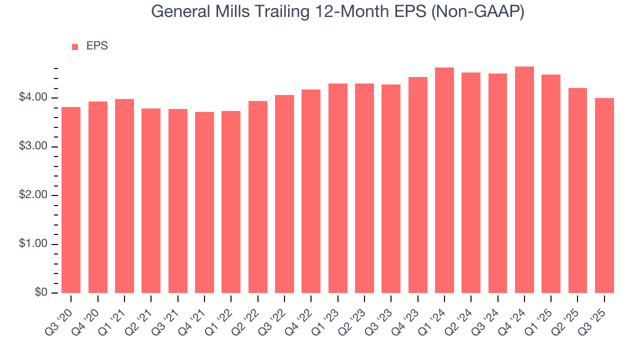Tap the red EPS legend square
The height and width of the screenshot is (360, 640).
pyautogui.click(x=75, y=46)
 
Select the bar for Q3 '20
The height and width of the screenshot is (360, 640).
pyautogui.click(x=71, y=200)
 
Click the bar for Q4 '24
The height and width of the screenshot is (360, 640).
pyautogui.click(x=524, y=180)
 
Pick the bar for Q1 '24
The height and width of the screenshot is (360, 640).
pyautogui.click(x=444, y=180)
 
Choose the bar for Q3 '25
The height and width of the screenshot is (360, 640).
pyautogui.click(x=604, y=195)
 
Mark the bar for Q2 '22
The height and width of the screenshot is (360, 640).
pyautogui.click(x=258, y=197)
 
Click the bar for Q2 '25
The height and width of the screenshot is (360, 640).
pyautogui.click(x=577, y=190)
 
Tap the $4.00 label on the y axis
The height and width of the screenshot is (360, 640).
pyautogui.click(x=33, y=97)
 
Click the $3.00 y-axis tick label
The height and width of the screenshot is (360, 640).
pyautogui.click(x=33, y=146)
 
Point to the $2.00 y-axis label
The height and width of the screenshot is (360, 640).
pyautogui.click(x=33, y=195)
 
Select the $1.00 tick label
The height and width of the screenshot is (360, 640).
pyautogui.click(x=33, y=244)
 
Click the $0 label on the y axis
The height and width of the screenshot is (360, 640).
pyautogui.click(x=41, y=292)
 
